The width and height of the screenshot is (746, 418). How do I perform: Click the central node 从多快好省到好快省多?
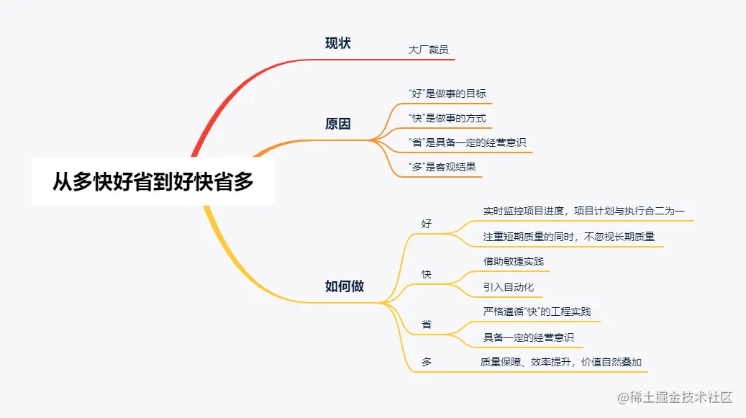pos(153,181)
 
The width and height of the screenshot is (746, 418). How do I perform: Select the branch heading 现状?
pos(338,43)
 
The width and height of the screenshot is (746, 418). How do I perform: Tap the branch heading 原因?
pos(338,124)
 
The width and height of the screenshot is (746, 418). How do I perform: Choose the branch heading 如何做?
pos(345,286)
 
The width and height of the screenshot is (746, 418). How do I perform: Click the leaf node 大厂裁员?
pos(429,50)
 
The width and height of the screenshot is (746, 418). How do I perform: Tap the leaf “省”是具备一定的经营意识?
pos(460,142)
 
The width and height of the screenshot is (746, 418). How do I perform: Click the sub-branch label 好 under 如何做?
pos(427,224)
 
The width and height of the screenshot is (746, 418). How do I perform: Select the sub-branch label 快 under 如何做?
pos(427,274)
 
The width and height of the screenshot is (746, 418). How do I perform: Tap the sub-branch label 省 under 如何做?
pos(427,324)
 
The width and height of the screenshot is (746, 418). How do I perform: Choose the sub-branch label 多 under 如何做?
pos(427,362)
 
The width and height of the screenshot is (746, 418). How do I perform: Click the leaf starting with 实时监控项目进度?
pos(583,212)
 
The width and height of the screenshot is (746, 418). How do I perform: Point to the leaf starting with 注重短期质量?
pos(568,236)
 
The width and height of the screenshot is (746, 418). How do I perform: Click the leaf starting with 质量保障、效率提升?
pos(561,362)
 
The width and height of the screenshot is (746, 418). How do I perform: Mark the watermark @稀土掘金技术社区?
pos(671,397)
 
